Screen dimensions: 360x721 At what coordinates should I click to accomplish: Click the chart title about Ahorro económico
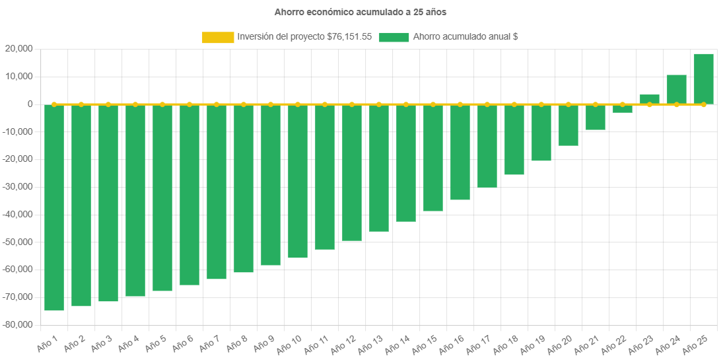(360, 12)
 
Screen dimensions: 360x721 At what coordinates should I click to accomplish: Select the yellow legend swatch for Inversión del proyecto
(218, 38)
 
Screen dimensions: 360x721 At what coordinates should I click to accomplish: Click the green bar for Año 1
(54, 207)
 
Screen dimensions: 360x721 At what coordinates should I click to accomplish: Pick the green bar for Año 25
(704, 79)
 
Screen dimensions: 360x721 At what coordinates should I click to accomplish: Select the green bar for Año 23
(650, 99)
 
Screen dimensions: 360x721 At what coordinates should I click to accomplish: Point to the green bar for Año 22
(623, 108)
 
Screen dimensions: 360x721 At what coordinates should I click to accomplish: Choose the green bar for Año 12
(352, 172)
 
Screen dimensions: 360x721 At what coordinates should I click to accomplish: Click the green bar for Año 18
(514, 139)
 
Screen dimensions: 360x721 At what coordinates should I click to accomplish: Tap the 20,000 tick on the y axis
(19, 49)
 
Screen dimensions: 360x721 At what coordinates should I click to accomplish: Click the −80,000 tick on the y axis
(18, 324)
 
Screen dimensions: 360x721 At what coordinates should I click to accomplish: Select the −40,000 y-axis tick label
(18, 214)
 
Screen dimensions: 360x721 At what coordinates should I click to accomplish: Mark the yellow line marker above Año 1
(54, 104)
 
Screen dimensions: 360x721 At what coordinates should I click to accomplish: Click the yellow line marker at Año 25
(704, 104)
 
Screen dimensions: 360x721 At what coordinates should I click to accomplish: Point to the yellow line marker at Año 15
(433, 104)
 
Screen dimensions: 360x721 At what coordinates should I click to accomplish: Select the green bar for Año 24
(677, 89)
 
